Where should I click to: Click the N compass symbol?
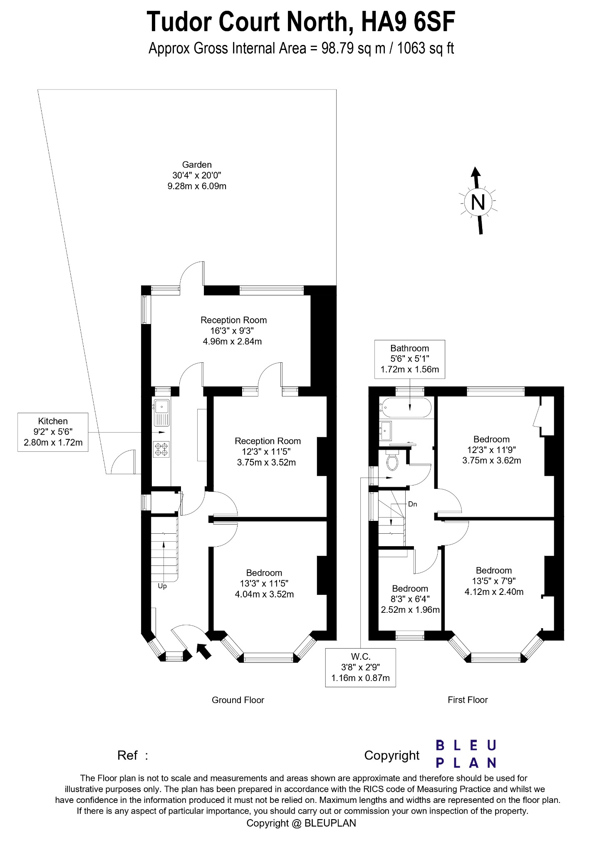(x=478, y=202)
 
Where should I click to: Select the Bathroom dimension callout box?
(x=409, y=359)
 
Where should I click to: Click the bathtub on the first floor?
(x=407, y=408)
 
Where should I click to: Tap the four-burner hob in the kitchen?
(x=161, y=449)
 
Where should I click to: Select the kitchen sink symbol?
(x=161, y=412)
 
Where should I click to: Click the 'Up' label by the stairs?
(x=162, y=586)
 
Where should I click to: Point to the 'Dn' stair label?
(x=412, y=504)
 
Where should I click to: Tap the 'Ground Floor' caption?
(x=238, y=700)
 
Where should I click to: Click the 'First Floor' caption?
(x=467, y=700)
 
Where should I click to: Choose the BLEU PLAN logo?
(x=466, y=753)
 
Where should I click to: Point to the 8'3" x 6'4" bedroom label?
(x=410, y=599)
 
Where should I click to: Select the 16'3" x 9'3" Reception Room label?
(x=233, y=331)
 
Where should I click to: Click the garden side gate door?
(x=124, y=462)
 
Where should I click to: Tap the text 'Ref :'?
(x=133, y=755)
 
